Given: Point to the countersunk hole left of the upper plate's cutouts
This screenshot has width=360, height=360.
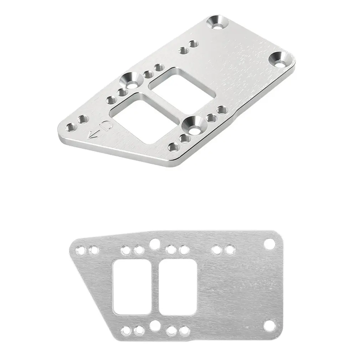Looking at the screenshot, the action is click(130, 81).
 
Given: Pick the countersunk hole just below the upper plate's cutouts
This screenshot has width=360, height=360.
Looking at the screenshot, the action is click(193, 125).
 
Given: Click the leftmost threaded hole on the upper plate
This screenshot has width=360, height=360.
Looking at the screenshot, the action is click(71, 127).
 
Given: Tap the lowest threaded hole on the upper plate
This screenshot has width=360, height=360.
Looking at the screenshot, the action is click(173, 146).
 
